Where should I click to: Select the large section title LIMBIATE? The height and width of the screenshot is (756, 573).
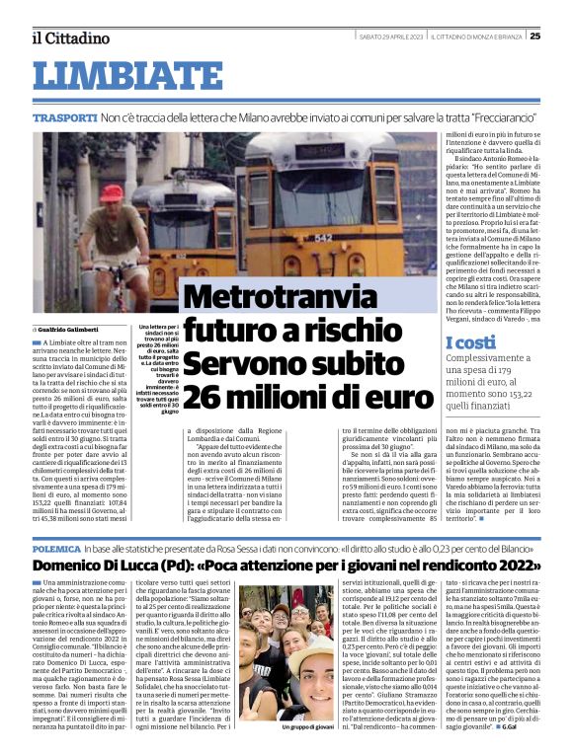128,75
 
